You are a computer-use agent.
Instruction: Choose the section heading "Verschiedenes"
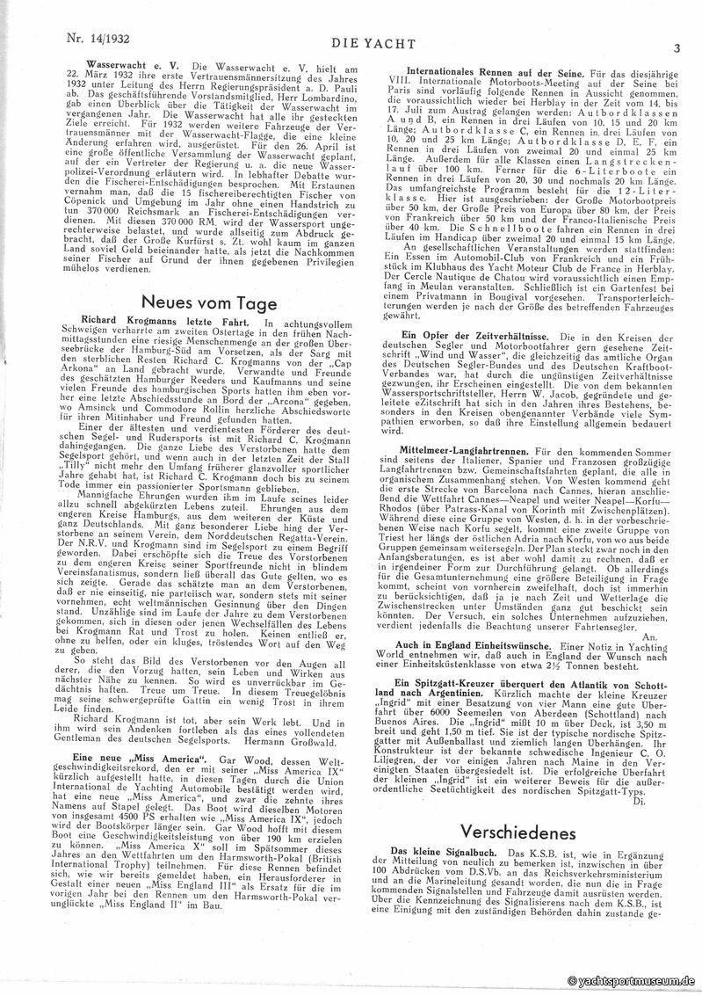(517, 832)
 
